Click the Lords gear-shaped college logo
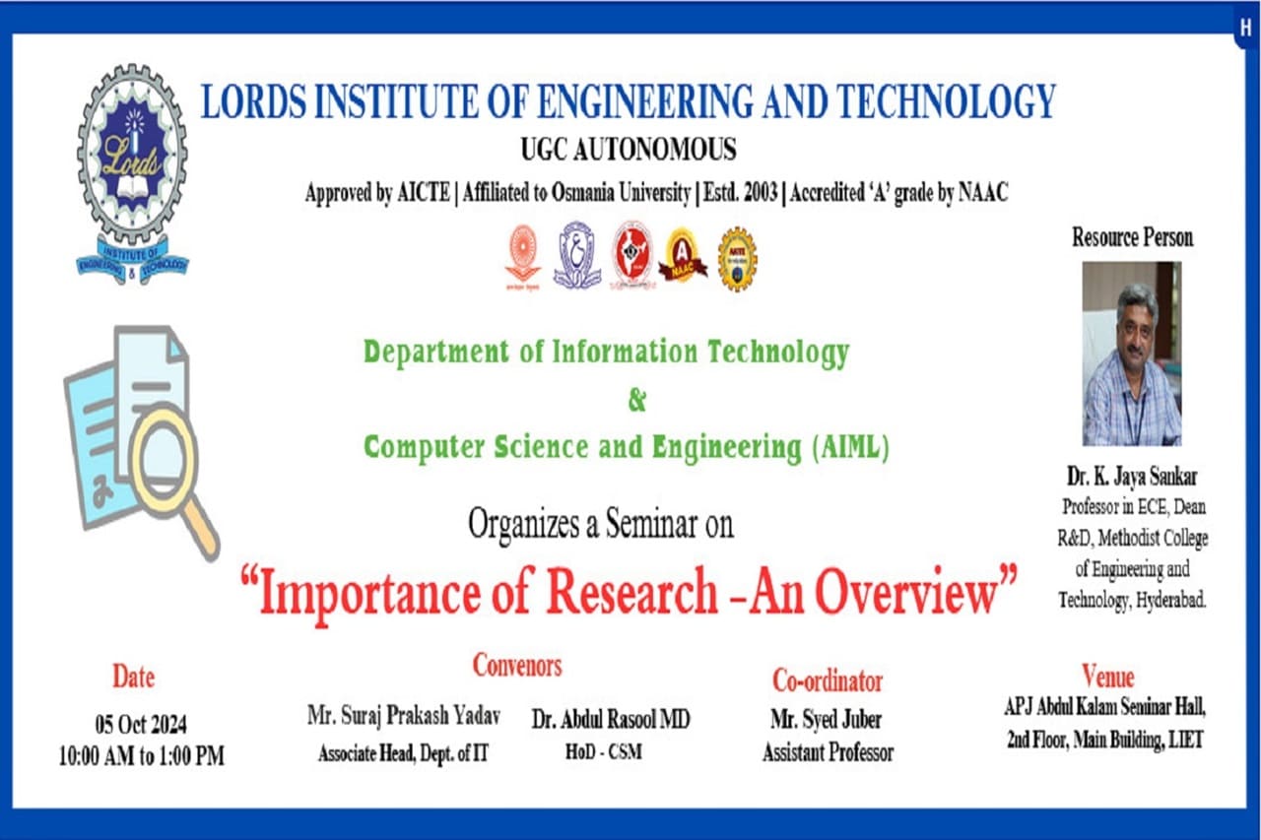(132, 173)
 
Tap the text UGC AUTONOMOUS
(629, 150)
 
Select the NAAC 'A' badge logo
(683, 256)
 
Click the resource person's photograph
(1132, 354)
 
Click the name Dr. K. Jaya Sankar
(1132, 477)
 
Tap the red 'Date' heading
(133, 677)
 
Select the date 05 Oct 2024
(141, 724)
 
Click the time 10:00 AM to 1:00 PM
(141, 755)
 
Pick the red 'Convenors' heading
(517, 665)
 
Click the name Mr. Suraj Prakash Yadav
(404, 716)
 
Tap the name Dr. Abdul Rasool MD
(611, 719)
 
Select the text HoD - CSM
(604, 751)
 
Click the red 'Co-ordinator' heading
(827, 680)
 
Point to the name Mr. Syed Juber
(826, 719)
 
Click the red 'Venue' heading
(1107, 677)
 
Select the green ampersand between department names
(636, 401)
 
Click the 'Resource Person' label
(1132, 237)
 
